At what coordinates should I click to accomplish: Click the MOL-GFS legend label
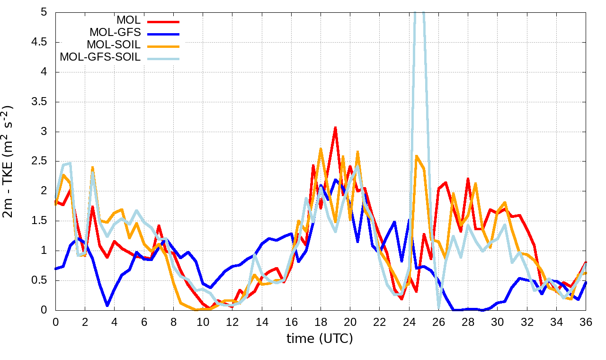pyautogui.click(x=115, y=33)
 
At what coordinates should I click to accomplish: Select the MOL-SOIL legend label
pyautogui.click(x=114, y=45)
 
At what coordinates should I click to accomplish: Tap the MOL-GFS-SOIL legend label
pyautogui.click(x=100, y=57)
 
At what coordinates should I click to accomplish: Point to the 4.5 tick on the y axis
pyautogui.click(x=40, y=42)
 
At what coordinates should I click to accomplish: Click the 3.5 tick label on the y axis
pyautogui.click(x=40, y=102)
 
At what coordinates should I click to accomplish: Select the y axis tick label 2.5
pyautogui.click(x=40, y=162)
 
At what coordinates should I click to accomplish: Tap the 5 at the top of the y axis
pyautogui.click(x=44, y=12)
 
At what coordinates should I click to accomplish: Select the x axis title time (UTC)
pyautogui.click(x=320, y=339)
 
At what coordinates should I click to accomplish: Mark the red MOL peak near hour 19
pyautogui.click(x=335, y=128)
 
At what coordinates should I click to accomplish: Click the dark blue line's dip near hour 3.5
pyautogui.click(x=107, y=305)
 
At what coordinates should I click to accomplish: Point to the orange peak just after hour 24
pyautogui.click(x=416, y=156)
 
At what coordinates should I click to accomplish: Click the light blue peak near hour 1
pyautogui.click(x=70, y=163)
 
